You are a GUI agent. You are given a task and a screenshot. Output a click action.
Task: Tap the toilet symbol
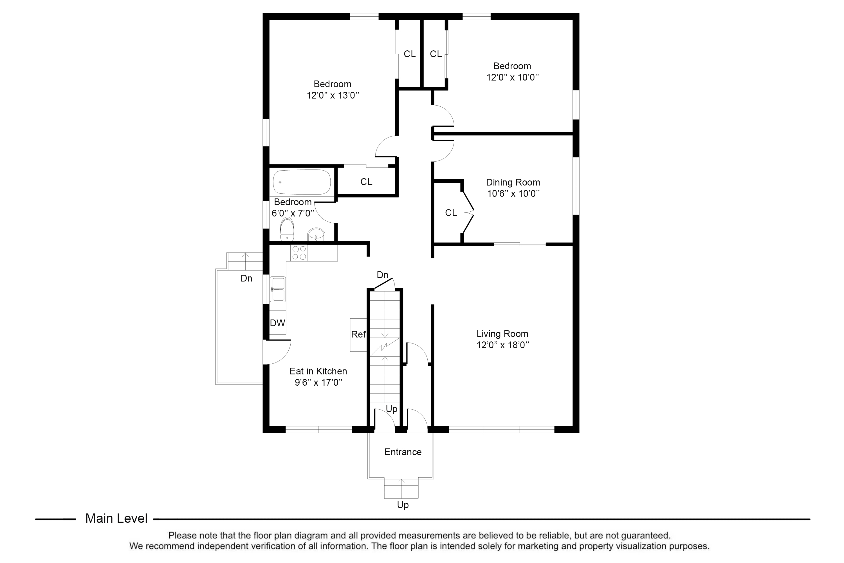click(287, 230)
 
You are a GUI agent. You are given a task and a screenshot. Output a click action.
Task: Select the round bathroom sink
click(316, 235)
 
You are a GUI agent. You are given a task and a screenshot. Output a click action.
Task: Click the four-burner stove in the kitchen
click(299, 253)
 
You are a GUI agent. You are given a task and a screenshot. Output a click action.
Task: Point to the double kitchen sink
click(278, 289)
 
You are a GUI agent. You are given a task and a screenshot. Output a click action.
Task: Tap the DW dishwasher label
click(277, 323)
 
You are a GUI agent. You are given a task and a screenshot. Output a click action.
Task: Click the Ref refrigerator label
click(358, 334)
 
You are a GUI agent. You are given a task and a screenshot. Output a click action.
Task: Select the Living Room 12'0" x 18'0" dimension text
click(503, 345)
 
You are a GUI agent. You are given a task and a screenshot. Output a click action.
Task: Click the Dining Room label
click(513, 182)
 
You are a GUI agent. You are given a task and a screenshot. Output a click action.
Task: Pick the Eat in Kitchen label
click(318, 371)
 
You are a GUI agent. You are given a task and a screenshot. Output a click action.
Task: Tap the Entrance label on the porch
click(403, 452)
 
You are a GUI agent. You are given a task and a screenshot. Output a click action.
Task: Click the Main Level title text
click(116, 519)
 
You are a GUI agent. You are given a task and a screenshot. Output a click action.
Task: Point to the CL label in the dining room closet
click(451, 213)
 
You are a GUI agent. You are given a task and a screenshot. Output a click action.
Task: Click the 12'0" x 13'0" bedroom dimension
click(333, 95)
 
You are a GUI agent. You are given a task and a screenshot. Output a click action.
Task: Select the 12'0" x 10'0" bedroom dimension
click(512, 78)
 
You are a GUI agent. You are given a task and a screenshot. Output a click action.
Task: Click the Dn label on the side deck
click(246, 278)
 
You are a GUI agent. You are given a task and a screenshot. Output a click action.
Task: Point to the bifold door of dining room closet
click(468, 213)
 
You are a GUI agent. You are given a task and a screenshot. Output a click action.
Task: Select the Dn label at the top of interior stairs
click(383, 275)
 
